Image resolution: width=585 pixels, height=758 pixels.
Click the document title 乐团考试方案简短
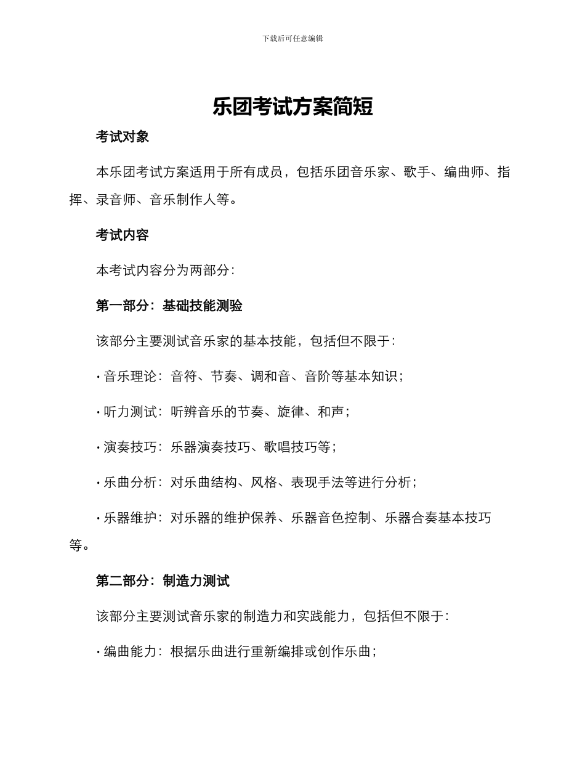(292, 107)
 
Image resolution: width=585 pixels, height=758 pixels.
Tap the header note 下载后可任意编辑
(292, 38)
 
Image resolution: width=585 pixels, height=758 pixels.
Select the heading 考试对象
(123, 137)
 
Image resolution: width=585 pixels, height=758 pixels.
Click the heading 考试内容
(123, 235)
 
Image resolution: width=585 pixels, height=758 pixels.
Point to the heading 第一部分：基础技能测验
(169, 306)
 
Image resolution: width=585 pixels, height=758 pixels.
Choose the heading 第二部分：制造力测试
(163, 581)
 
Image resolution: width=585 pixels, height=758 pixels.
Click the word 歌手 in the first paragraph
(417, 172)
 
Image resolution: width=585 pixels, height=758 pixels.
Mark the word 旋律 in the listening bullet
(291, 412)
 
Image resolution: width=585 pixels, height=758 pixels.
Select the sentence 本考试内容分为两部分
(163, 270)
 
